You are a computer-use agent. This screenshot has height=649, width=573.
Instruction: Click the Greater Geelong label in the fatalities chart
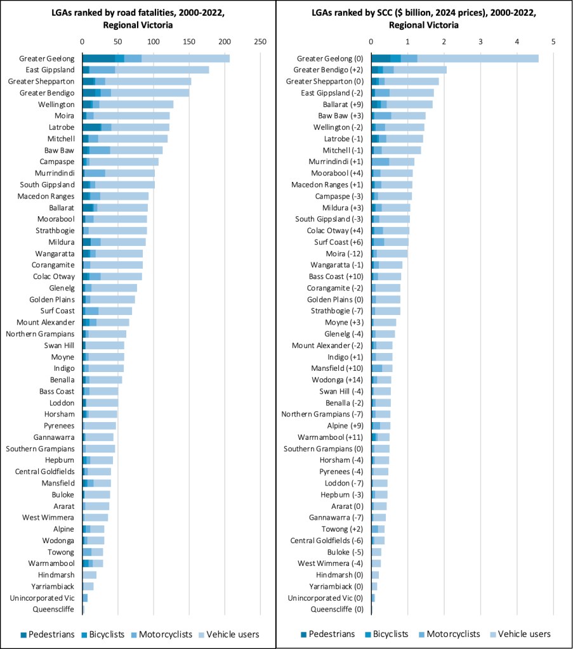(48, 58)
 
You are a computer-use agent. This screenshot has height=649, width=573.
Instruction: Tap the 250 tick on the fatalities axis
(260, 41)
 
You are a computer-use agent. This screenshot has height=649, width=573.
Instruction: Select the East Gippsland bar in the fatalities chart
(145, 70)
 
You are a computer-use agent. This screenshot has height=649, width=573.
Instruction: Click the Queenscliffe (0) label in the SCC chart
(337, 609)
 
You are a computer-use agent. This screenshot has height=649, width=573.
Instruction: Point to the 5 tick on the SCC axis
(553, 41)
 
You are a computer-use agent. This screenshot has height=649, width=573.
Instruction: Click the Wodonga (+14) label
(338, 380)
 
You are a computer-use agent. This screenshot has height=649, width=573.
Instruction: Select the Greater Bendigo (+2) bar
(409, 70)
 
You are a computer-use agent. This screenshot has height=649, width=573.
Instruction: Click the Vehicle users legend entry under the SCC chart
(518, 634)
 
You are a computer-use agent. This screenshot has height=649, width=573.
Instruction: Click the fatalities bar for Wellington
(128, 104)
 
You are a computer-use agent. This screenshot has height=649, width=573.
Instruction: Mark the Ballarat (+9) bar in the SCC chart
(402, 104)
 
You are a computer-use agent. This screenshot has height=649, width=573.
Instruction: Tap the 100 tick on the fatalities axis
(153, 41)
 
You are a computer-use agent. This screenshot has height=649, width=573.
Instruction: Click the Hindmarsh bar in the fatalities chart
(89, 575)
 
